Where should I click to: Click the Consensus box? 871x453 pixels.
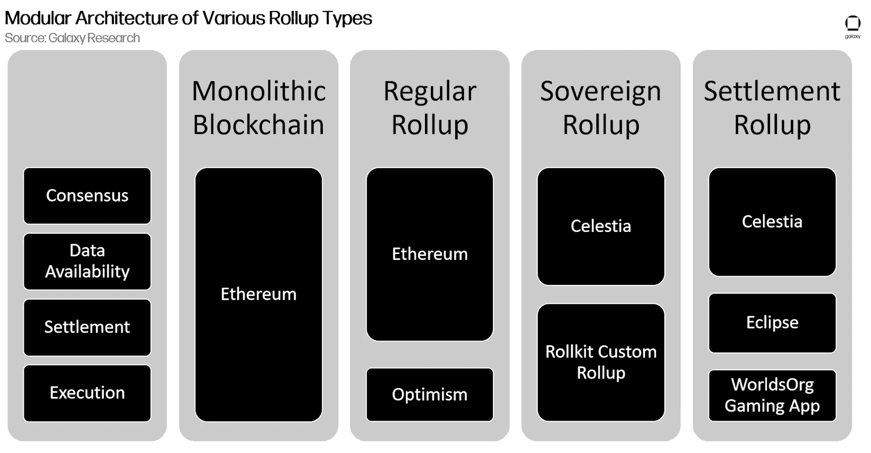pos(87,195)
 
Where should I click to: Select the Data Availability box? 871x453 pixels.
pos(87,261)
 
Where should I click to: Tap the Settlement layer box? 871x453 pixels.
pos(87,327)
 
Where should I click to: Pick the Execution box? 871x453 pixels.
pos(87,393)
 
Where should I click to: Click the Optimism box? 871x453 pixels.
pos(430,394)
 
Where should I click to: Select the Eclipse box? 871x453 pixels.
pos(772,323)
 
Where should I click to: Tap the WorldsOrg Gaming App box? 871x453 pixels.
pos(772,395)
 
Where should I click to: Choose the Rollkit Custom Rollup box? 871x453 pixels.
pos(601,362)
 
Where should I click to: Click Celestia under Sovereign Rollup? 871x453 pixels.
pos(601,226)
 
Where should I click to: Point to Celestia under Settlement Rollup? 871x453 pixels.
pos(772,222)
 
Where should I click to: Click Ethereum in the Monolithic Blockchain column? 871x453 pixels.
pos(258,295)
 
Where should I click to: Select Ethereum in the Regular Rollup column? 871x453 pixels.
pos(430,254)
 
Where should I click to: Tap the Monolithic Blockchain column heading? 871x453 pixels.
pos(258,108)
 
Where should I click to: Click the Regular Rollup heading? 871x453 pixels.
pos(430,108)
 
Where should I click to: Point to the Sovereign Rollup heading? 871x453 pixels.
pos(601,108)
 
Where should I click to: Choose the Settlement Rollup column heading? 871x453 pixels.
pos(772,108)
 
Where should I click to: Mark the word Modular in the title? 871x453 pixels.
pos(38,18)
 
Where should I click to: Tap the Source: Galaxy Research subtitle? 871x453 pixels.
pos(73,38)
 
